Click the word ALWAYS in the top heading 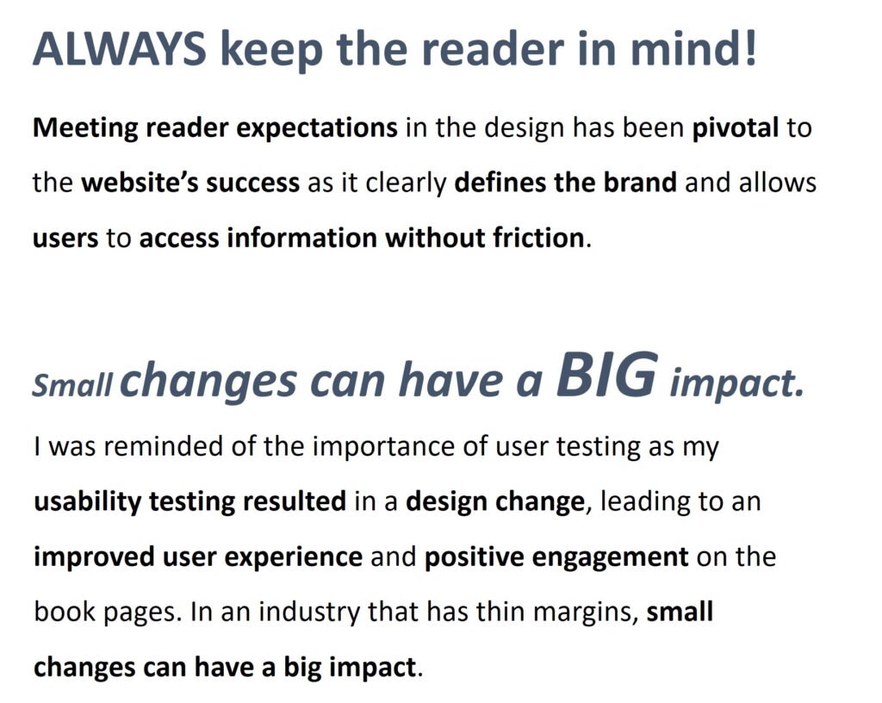click(x=119, y=48)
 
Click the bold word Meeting click(x=85, y=129)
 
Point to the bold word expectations click(x=317, y=129)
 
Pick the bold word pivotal click(x=736, y=128)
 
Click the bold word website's click(x=140, y=183)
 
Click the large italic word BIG click(x=606, y=373)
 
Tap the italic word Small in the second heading click(x=72, y=385)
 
